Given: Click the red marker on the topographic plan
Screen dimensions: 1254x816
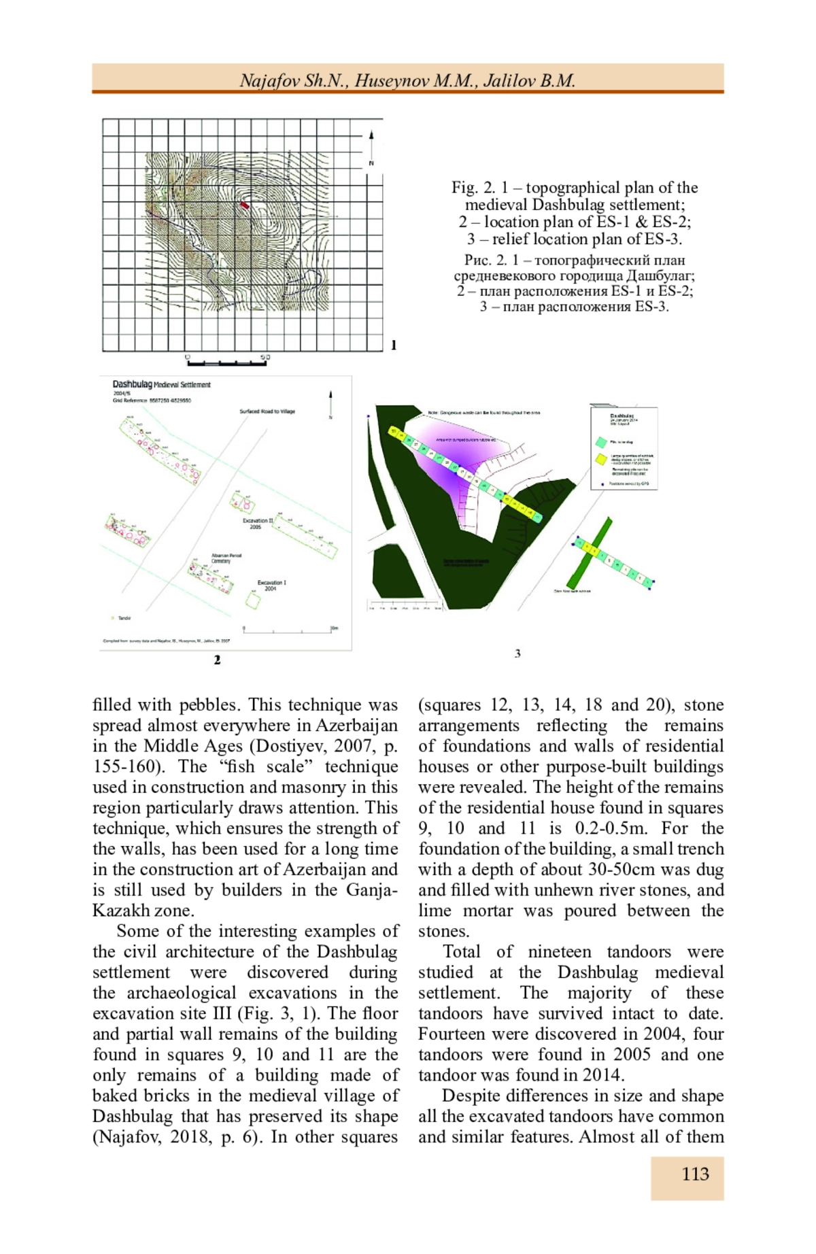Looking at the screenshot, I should pos(245,203).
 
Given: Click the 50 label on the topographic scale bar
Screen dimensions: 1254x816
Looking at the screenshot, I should pos(265,357).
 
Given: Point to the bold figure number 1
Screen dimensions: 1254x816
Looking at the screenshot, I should pos(394,345).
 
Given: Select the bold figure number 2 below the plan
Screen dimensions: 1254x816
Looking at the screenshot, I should pos(217,660).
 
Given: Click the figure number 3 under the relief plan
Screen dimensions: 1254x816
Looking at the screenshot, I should pos(517,654).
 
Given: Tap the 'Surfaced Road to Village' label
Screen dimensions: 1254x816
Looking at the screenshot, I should pos(267,411).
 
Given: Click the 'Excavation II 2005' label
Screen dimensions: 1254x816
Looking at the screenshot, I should pos(258,524).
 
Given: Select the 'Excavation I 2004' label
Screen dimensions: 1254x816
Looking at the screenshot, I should pos(271,586).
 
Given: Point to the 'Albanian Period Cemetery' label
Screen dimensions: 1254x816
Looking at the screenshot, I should pos(226,558).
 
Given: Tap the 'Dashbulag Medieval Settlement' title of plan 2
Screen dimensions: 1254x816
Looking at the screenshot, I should pos(161,385).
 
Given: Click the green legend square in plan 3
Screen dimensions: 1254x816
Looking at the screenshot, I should pos(601,443).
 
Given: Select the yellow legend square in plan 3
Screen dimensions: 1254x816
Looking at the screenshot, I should pos(601,460).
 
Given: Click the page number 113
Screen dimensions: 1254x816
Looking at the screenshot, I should pos(695,1174).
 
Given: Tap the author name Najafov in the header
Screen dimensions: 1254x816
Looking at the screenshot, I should pos(269,81).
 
